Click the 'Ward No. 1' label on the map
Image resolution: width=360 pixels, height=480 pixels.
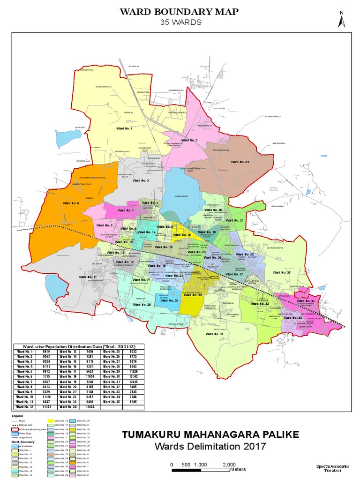coord(125,128)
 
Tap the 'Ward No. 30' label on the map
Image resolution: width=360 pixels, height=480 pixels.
coord(193,295)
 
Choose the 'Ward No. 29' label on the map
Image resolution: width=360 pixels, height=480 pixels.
coord(170,300)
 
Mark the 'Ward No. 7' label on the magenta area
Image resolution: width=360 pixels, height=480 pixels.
coord(126,211)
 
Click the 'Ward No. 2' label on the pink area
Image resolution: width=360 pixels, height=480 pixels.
coord(189,140)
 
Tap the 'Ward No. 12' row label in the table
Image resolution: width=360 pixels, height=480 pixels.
coord(25,407)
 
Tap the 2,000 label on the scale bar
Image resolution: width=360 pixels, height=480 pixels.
coord(229,465)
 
